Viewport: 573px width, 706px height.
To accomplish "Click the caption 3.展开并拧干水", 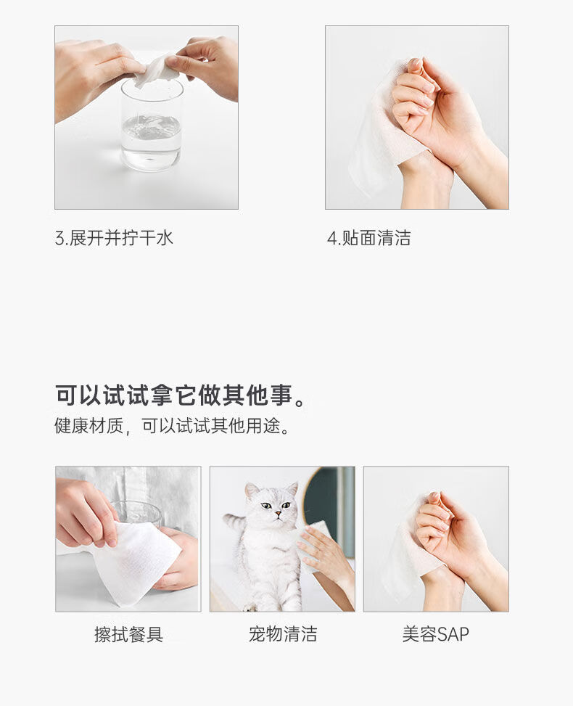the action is tap(114, 238).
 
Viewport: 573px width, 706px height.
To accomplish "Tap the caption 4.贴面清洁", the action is tap(369, 238).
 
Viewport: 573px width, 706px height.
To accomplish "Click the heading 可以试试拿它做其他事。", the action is tap(181, 395).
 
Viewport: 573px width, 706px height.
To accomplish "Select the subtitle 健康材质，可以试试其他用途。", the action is tap(172, 425).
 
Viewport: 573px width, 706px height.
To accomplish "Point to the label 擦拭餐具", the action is tap(128, 634).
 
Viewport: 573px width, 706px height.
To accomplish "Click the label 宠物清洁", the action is tap(283, 634).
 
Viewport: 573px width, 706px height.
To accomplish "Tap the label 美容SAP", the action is tap(436, 634).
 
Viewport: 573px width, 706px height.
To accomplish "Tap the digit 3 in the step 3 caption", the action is tap(59, 239).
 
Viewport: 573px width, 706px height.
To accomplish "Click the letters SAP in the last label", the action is tap(453, 634).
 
